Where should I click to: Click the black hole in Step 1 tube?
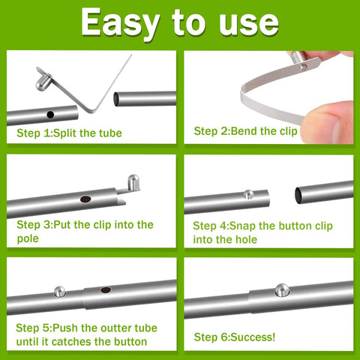point(49,115)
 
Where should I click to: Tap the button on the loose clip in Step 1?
point(42,72)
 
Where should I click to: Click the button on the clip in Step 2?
point(295,58)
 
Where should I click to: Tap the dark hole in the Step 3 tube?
point(85,200)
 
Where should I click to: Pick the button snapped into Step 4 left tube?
point(247,195)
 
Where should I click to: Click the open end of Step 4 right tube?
point(300,196)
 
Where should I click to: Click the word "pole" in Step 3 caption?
point(28,238)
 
